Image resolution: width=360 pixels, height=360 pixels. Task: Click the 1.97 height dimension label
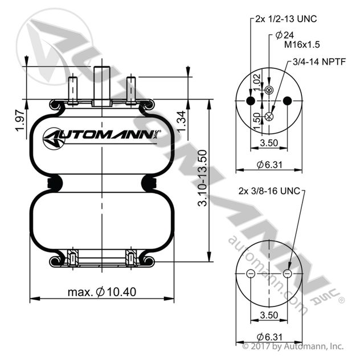point(20,121)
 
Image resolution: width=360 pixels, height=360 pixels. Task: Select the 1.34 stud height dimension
point(181,121)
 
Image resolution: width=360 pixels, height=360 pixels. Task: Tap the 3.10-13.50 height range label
point(202,178)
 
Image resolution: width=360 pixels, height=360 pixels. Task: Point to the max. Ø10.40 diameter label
point(102,292)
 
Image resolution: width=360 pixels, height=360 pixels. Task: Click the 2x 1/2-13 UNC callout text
point(287,19)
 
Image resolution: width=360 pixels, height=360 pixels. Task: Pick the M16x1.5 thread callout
point(302,44)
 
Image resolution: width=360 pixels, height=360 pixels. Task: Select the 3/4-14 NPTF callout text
point(319,62)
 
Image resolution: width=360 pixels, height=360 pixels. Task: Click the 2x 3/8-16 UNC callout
point(269,191)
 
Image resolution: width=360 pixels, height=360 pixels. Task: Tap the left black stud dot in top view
point(251,101)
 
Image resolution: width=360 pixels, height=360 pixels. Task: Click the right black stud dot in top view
point(287,101)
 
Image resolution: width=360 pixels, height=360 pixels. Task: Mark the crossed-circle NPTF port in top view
point(269,116)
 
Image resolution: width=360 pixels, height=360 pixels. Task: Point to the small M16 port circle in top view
point(269,90)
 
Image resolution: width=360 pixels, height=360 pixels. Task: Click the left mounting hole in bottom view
point(251,273)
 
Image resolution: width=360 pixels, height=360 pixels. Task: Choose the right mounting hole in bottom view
point(287,273)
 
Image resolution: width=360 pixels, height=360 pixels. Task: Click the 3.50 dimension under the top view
point(269,143)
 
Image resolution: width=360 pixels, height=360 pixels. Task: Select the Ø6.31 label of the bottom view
point(269,337)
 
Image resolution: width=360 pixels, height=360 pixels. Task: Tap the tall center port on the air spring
point(102,87)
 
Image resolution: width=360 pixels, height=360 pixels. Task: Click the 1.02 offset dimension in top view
point(257,82)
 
